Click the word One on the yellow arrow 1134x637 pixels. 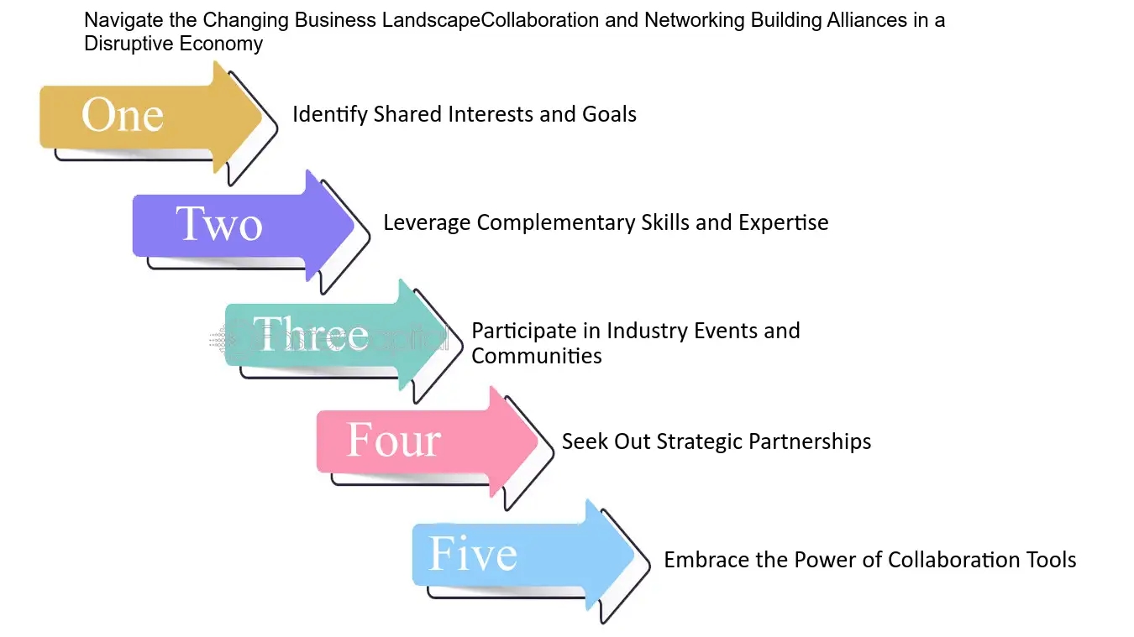pos(123,115)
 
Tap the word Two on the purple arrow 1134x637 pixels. pos(219,224)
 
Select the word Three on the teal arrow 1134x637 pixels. pos(311,334)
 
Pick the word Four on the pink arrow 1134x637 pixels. pos(393,441)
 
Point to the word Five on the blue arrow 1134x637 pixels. pos(473,554)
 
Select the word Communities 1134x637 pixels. pos(537,356)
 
